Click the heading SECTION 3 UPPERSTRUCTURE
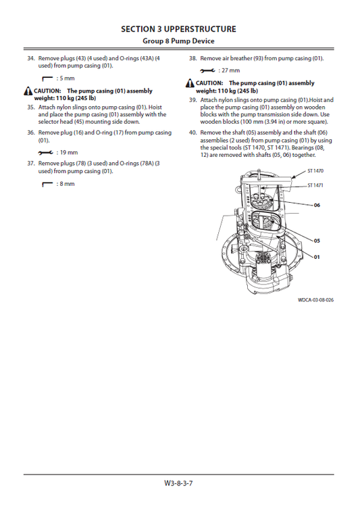coord(178,29)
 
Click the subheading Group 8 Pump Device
coord(178,42)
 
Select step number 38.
coord(192,59)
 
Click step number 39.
coord(192,100)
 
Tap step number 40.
coord(192,132)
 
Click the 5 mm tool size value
coord(66,79)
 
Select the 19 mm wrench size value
coord(68,153)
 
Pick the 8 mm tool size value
coord(66,184)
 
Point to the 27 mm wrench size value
coord(230,71)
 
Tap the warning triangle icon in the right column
coord(190,83)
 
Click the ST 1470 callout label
coord(315,172)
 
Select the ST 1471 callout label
coord(315,185)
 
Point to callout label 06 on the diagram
coord(316,205)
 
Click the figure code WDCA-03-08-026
coord(315,300)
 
